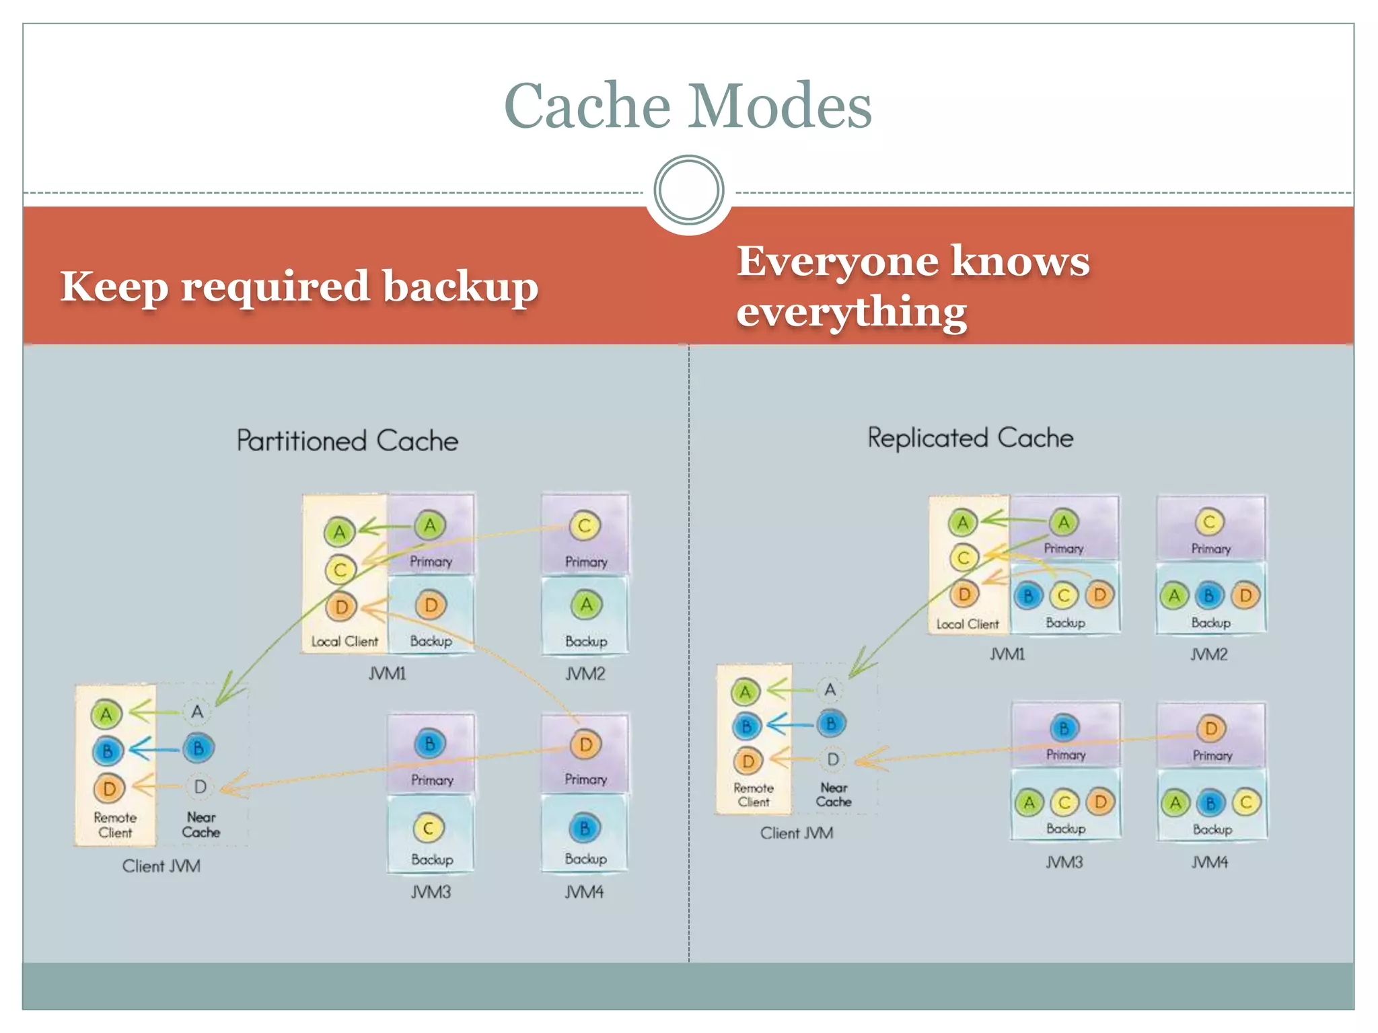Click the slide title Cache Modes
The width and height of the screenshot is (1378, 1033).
pyautogui.click(x=688, y=106)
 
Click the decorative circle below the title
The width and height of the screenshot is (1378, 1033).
pyautogui.click(x=688, y=190)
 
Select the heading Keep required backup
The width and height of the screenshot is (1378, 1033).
pyautogui.click(x=299, y=286)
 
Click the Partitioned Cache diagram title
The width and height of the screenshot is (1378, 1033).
pyautogui.click(x=347, y=441)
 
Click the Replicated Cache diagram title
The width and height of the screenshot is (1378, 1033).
pyautogui.click(x=970, y=438)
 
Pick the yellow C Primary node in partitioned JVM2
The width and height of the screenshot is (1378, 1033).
pyautogui.click(x=584, y=526)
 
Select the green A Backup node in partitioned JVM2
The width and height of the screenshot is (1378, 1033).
pyautogui.click(x=586, y=605)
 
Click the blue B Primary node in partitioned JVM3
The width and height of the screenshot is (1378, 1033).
pyautogui.click(x=429, y=744)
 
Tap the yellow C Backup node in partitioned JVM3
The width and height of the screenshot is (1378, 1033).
pyautogui.click(x=428, y=828)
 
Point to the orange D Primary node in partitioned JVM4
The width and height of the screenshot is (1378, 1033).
pyautogui.click(x=585, y=744)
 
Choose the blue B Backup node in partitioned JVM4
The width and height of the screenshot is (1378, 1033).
pyautogui.click(x=584, y=828)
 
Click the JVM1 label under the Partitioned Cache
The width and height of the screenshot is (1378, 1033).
pyautogui.click(x=387, y=673)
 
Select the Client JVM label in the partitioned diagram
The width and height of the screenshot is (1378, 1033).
pyautogui.click(x=161, y=866)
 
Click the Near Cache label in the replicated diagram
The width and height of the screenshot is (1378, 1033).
pyautogui.click(x=834, y=794)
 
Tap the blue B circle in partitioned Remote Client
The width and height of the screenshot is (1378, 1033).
pyautogui.click(x=108, y=751)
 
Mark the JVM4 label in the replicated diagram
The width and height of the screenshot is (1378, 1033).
pyautogui.click(x=1209, y=862)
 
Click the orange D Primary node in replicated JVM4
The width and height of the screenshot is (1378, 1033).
pyautogui.click(x=1211, y=728)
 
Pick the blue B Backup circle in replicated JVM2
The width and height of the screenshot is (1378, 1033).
pyautogui.click(x=1209, y=596)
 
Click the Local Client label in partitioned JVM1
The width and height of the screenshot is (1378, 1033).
pyautogui.click(x=344, y=642)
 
